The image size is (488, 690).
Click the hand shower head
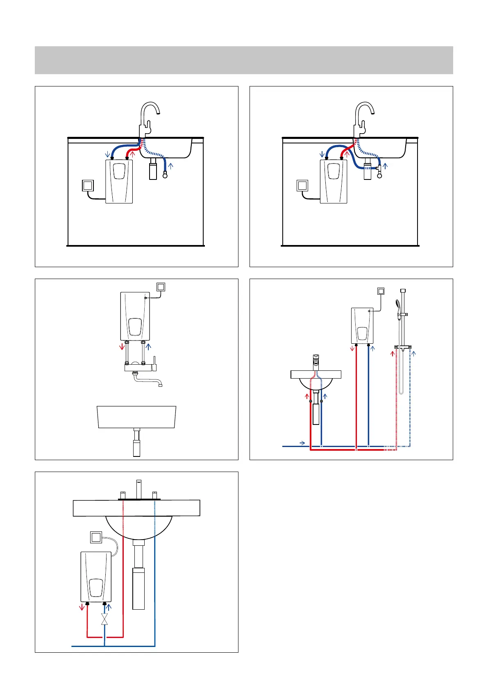tap(397, 304)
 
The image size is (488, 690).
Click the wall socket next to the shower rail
tap(381, 291)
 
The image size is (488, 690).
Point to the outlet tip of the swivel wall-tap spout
tap(161, 385)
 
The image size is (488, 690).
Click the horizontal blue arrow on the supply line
tap(302, 443)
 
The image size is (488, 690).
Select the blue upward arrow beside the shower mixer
tap(414, 353)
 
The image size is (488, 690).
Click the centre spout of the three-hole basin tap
tap(138, 489)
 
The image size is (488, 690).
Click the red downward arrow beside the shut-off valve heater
tap(82, 607)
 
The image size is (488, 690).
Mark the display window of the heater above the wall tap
tap(135, 327)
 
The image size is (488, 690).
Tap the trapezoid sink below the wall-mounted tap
tap(136, 417)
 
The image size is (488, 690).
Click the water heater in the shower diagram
tap(362, 326)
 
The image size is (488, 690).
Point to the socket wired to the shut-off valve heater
tap(96, 537)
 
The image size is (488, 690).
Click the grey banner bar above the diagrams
tap(244, 60)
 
